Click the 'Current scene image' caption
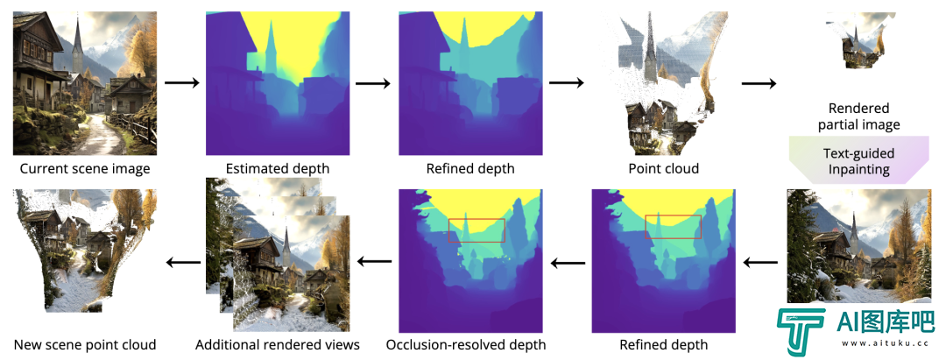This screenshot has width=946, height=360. (85, 168)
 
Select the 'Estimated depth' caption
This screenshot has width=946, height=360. (278, 168)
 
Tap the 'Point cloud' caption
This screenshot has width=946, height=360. (663, 168)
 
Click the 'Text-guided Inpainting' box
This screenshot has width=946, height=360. (859, 161)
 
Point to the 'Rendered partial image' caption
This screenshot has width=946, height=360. (859, 117)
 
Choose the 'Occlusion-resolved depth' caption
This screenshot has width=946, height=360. (466, 345)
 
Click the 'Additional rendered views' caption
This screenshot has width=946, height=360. (278, 345)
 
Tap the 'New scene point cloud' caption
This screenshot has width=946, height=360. (84, 345)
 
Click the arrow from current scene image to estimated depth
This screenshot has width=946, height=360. (181, 82)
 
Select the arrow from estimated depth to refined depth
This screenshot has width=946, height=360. (374, 82)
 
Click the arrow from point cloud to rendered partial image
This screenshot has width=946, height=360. (759, 82)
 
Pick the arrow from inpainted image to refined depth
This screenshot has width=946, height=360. (760, 262)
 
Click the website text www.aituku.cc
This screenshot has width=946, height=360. (883, 343)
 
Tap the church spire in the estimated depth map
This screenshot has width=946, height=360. (271, 49)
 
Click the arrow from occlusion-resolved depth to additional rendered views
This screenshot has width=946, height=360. (374, 262)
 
